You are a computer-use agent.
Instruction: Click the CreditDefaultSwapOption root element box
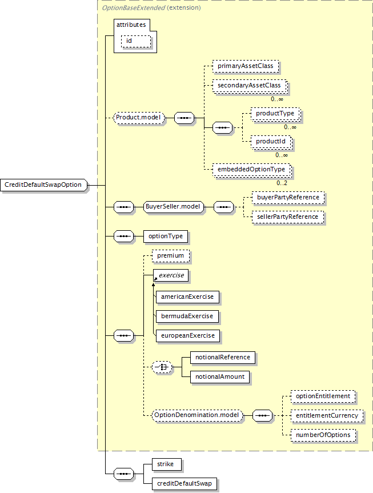click(43, 185)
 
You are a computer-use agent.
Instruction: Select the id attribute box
click(135, 41)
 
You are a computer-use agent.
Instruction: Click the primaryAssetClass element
click(245, 66)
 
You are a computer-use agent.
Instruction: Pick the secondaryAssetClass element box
click(249, 86)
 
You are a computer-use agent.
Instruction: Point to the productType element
click(275, 114)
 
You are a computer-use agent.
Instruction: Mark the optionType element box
click(165, 235)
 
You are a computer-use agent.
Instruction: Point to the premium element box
click(170, 255)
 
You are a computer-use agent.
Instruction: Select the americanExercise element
click(187, 297)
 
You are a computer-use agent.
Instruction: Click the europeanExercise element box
click(187, 335)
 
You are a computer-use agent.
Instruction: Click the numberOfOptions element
click(323, 435)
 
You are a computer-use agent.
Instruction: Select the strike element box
click(166, 464)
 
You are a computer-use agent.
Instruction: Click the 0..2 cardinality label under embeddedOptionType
click(282, 183)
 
